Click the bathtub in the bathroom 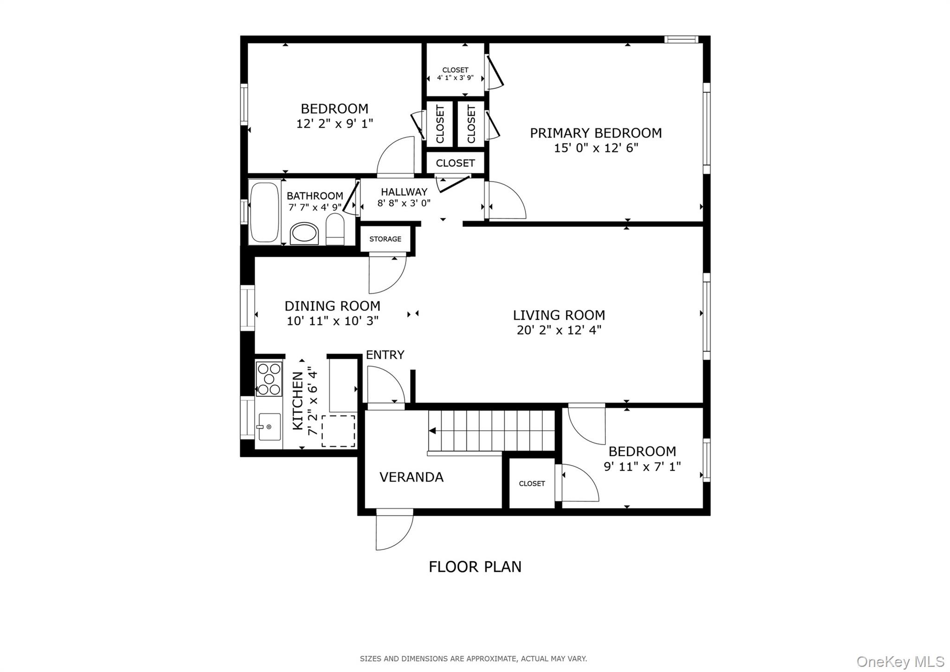(x=264, y=212)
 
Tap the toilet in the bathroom (x=335, y=229)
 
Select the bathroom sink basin (x=304, y=233)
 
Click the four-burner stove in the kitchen (x=269, y=379)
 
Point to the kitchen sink (x=270, y=426)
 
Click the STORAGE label (x=385, y=239)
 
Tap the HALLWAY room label (x=404, y=192)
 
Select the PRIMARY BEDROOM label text (x=596, y=133)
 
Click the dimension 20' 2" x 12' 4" (x=559, y=330)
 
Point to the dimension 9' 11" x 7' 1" (x=642, y=466)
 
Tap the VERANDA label (x=411, y=477)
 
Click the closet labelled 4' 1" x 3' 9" (x=455, y=74)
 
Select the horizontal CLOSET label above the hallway (x=455, y=163)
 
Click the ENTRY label (x=385, y=355)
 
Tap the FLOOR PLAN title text (x=475, y=567)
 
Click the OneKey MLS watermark (x=900, y=661)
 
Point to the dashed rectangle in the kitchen (x=338, y=431)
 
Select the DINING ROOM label (x=332, y=306)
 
